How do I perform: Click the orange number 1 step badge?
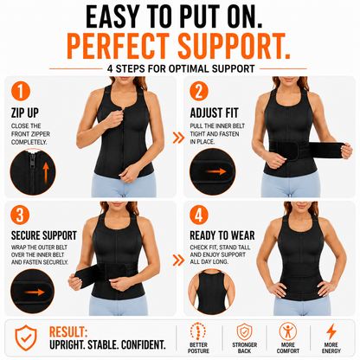pos(21,91)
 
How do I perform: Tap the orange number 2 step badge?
pos(199,91)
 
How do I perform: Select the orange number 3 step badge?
pos(20,215)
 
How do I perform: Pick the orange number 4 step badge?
pos(199,215)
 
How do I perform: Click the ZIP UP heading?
pos(25,112)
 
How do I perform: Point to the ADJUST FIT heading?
pos(215,112)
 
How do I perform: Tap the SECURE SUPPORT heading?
pos(44,235)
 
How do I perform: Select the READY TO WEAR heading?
pos(222,235)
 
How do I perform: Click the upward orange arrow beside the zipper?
pos(46,173)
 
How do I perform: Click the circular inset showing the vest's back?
pos(212,292)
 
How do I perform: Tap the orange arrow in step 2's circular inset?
pos(215,171)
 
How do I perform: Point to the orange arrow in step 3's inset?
pos(35,292)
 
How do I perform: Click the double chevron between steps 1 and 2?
pos(178,138)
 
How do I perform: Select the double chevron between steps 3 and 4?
pos(178,260)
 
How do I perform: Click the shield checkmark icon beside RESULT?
pos(26,337)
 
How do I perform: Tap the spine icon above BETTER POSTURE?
pos(198,331)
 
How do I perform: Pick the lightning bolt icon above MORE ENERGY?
pos(331,331)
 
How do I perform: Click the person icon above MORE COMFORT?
pos(288,331)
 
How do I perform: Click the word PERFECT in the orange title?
pos(119,46)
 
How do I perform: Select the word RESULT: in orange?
pos(68,332)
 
